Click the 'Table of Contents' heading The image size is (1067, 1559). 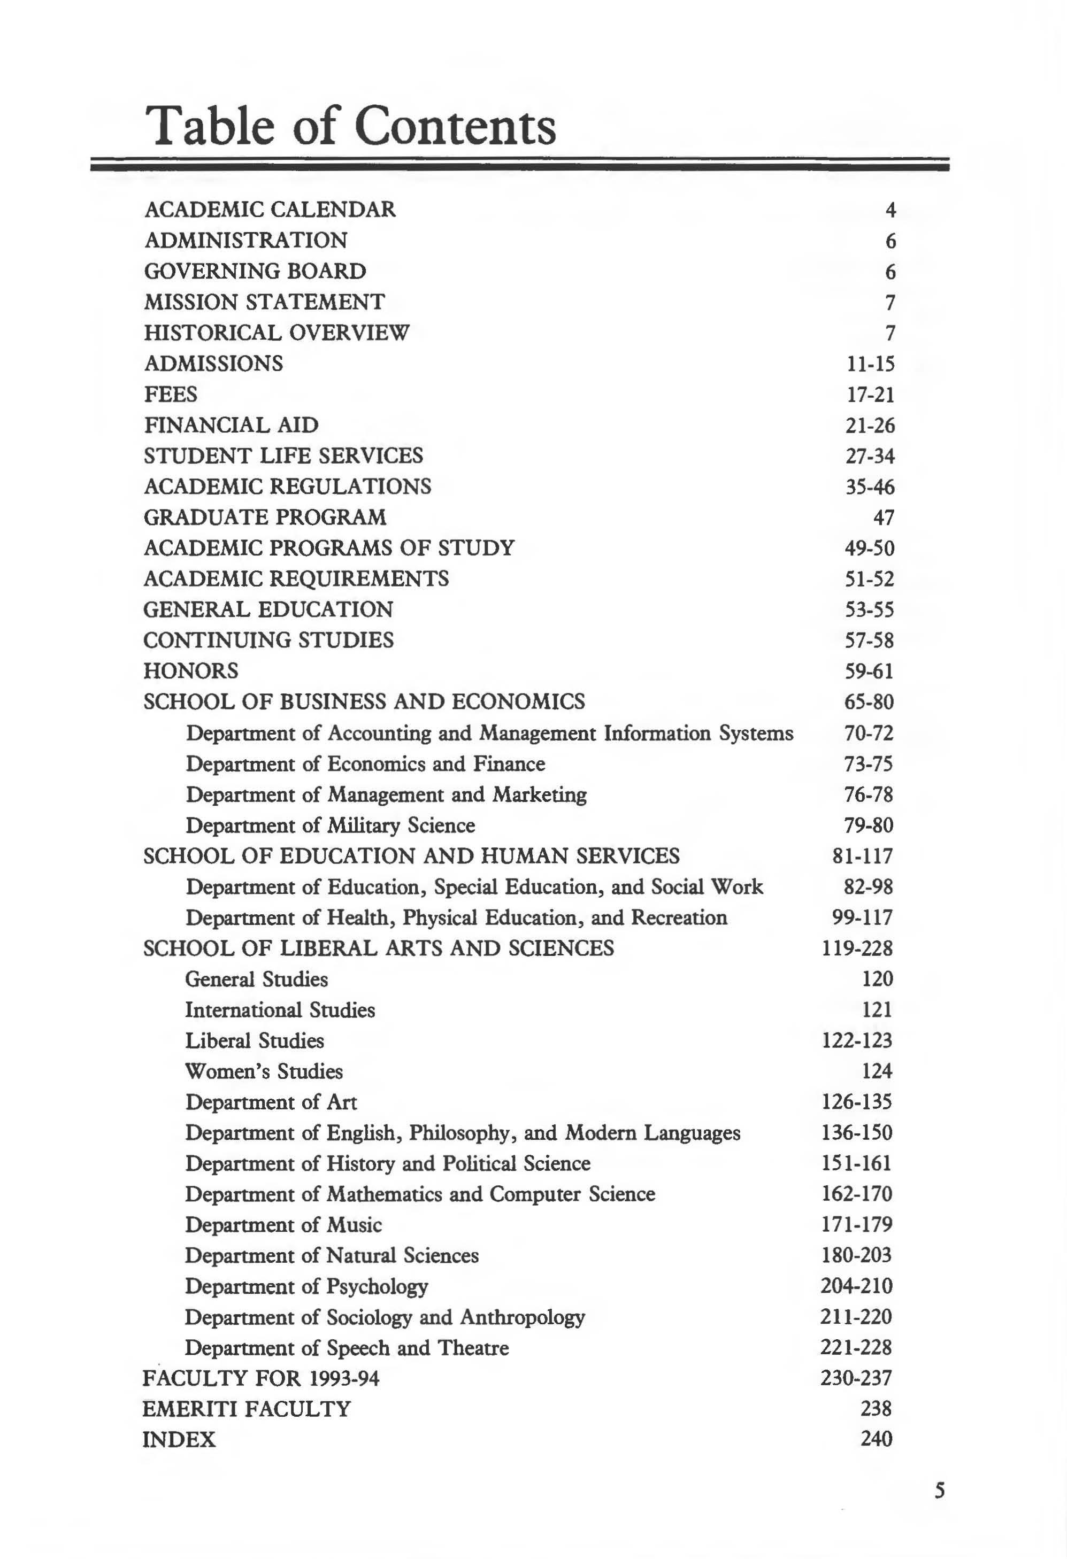pos(350,126)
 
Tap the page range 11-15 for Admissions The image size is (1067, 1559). pos(870,364)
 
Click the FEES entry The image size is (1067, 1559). pos(171,394)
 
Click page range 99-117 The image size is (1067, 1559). pos(862,917)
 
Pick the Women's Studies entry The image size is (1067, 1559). pos(264,1071)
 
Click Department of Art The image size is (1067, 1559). pos(271,1102)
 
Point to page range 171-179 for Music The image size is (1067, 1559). pos(857,1224)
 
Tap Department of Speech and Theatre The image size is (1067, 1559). pos(346,1348)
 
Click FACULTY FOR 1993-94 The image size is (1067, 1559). pos(260,1378)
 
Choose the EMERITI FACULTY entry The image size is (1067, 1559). pos(246,1409)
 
